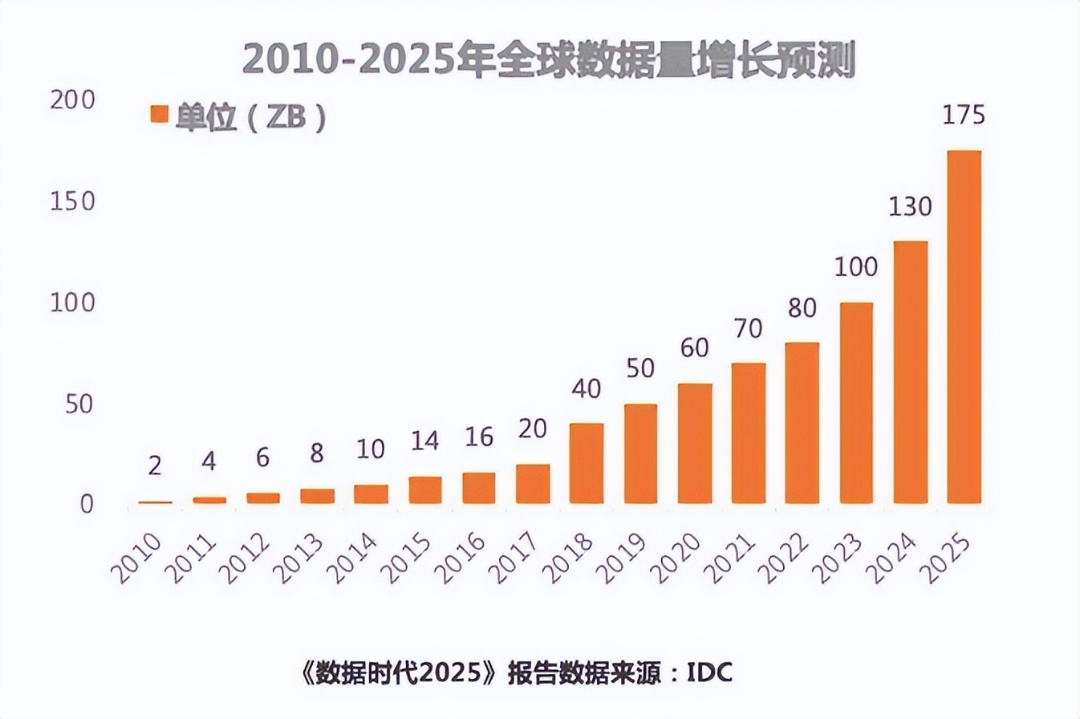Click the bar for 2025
tap(964, 327)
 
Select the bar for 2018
tap(587, 463)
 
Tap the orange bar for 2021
tap(749, 433)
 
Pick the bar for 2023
tap(856, 403)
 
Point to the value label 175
tap(964, 116)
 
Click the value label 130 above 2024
tap(910, 208)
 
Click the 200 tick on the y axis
tap(72, 100)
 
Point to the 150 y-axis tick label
tap(72, 202)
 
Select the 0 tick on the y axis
tap(85, 505)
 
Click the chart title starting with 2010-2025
tap(549, 61)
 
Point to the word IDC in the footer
tap(709, 672)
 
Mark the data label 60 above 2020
tap(695, 351)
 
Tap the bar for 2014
tap(371, 494)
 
